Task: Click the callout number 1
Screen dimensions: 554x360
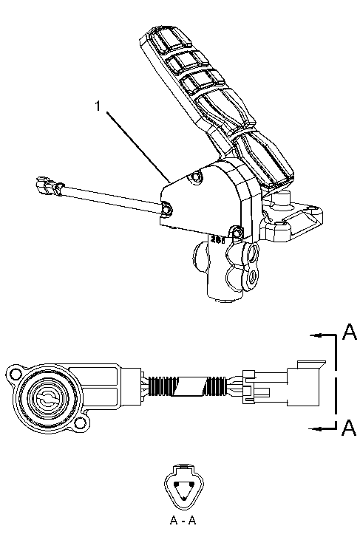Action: [x=97, y=106]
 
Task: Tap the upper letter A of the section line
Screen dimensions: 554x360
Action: [x=350, y=333]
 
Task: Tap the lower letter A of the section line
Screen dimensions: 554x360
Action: [x=350, y=428]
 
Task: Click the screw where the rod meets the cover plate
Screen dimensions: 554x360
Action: [x=166, y=211]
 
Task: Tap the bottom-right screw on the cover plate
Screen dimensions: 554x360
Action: [x=237, y=234]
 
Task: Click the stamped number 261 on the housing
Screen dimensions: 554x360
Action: [x=217, y=240]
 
